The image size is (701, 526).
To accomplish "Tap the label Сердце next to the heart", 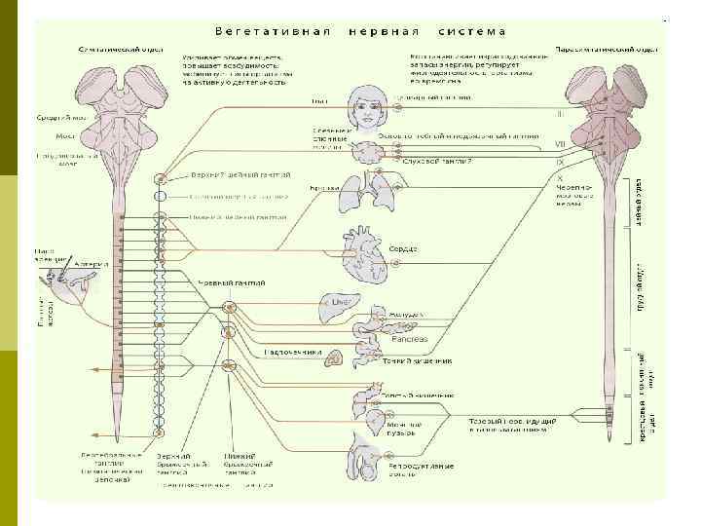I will click(403, 248).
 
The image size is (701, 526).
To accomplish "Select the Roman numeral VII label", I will click(560, 143).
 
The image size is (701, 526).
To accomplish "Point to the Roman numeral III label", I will click(560, 113).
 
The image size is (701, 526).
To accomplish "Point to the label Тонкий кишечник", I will click(418, 362).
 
